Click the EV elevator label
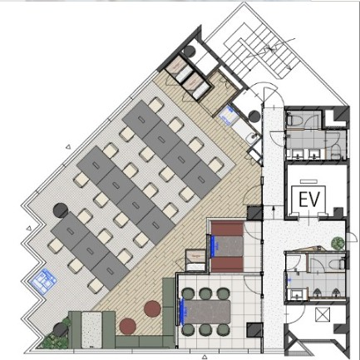click(x=309, y=200)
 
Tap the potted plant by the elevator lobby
click(x=338, y=243)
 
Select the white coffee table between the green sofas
click(x=91, y=329)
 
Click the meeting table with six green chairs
click(x=207, y=312)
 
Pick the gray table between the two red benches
click(x=228, y=246)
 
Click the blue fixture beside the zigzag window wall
click(x=43, y=281)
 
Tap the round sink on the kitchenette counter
click(x=253, y=136)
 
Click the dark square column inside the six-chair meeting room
click(x=255, y=330)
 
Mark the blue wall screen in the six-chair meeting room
click(x=183, y=311)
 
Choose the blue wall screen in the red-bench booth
click(x=215, y=246)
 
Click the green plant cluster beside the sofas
click(x=56, y=336)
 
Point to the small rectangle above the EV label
click(x=308, y=182)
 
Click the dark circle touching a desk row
click(x=61, y=210)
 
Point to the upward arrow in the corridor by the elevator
click(x=274, y=210)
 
